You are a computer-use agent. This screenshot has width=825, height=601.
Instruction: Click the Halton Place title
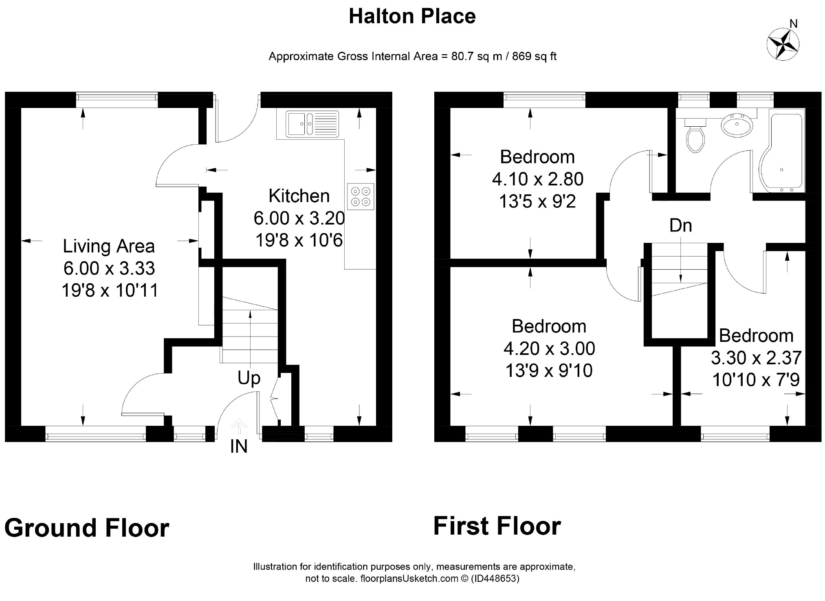tap(412, 17)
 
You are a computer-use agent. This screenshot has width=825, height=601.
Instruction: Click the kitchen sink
tap(312, 123)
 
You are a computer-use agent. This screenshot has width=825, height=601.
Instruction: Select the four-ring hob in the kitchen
tap(361, 197)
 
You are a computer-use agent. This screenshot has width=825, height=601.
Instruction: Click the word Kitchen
tap(299, 196)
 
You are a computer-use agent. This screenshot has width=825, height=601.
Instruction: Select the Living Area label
tap(109, 247)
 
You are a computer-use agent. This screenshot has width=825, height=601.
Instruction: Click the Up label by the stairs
tap(249, 379)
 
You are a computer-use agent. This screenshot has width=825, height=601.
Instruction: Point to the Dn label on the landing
tap(680, 225)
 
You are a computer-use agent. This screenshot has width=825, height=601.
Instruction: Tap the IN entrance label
tap(239, 447)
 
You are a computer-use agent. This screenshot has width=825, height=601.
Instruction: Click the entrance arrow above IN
tap(239, 427)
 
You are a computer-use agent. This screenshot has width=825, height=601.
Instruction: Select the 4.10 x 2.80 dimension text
tap(538, 179)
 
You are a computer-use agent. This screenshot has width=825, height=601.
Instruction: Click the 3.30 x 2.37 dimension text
tap(757, 358)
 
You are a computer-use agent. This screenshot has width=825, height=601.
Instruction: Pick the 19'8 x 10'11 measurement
tap(110, 291)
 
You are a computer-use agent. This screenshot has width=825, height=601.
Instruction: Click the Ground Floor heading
tap(87, 528)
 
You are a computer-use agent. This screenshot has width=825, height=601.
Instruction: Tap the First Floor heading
tap(497, 526)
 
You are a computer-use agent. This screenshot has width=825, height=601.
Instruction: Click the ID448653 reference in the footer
tap(495, 579)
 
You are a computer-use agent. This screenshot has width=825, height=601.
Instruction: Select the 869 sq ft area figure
tap(534, 56)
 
